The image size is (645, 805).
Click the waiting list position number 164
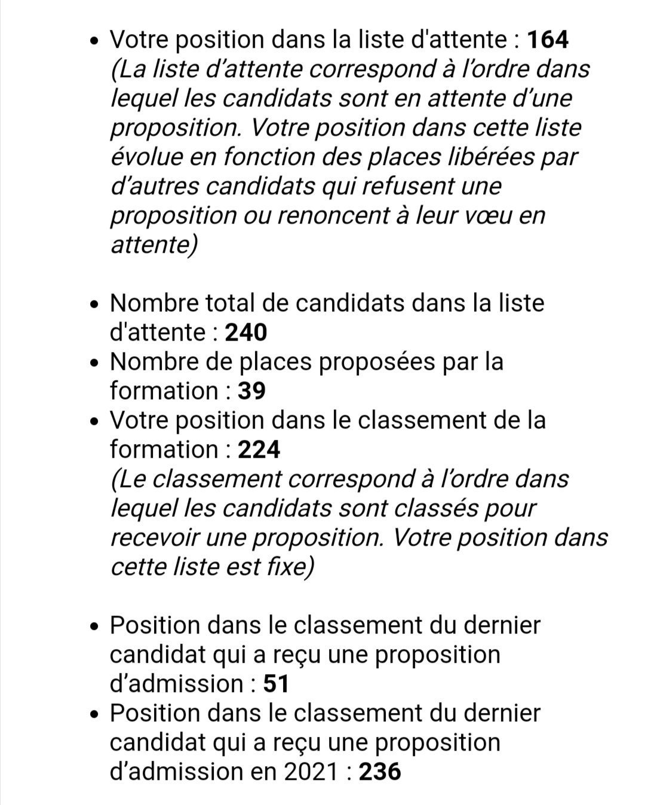[x=549, y=40]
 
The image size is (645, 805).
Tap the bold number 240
[x=245, y=332]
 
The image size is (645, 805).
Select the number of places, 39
[x=251, y=391]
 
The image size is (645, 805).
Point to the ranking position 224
[x=259, y=449]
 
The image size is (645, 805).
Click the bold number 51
[x=276, y=684]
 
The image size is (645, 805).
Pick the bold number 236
[x=380, y=772]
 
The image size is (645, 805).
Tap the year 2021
[x=311, y=772]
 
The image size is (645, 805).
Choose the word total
[x=231, y=303]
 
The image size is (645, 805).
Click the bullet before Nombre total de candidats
[x=94, y=305]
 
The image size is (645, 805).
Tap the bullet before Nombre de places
[x=94, y=363]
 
